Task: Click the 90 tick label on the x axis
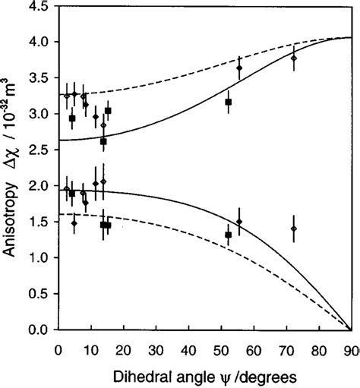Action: coord(350,348)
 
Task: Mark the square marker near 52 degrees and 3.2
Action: coord(228,102)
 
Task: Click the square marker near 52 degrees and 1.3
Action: coord(228,235)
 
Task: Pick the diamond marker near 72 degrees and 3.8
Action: coord(293,58)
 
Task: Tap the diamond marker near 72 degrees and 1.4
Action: coord(293,229)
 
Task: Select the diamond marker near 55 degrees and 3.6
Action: coord(239,68)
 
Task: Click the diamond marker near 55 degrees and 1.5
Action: coord(239,222)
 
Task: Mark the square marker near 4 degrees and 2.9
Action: coord(72,118)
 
